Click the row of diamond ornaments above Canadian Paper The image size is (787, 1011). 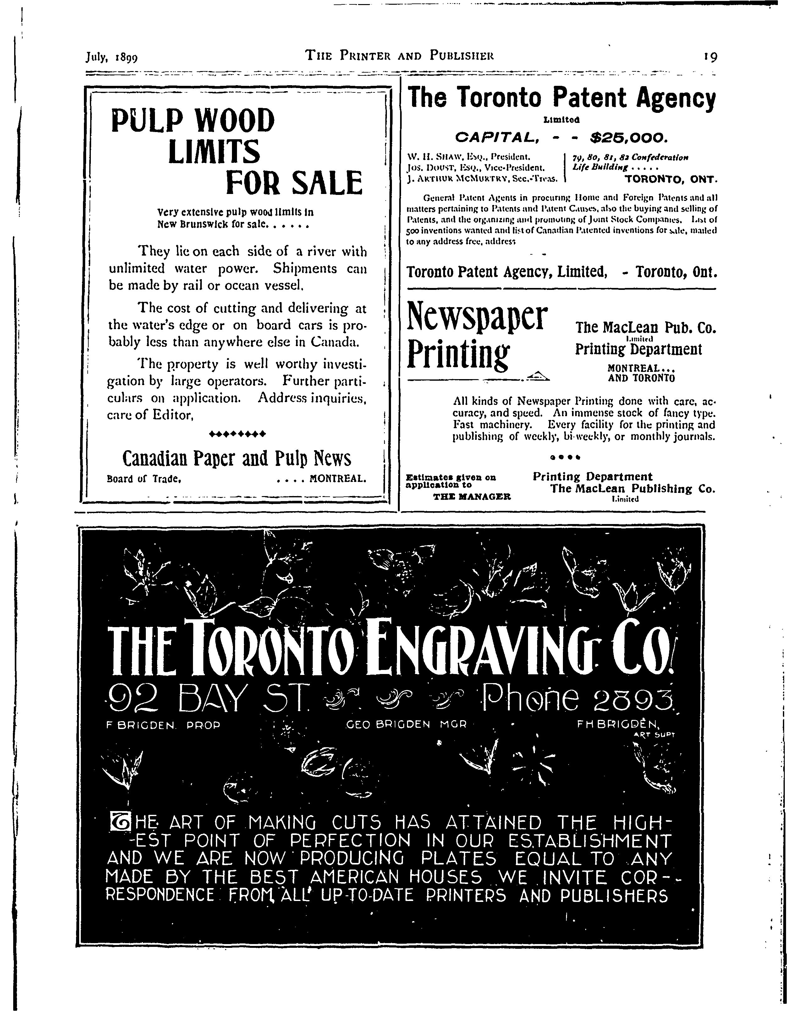click(x=238, y=434)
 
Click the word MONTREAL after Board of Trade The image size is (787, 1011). click(x=338, y=478)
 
